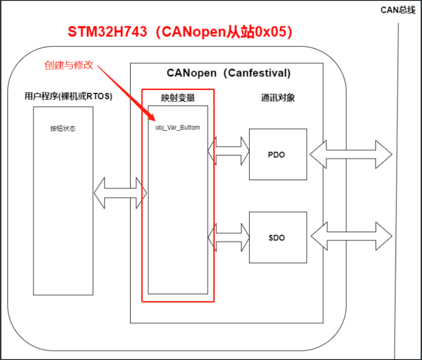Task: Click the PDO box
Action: [278, 154]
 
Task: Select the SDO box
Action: [278, 237]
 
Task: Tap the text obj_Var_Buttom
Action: [178, 127]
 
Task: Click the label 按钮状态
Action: [63, 129]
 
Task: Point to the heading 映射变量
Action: [177, 98]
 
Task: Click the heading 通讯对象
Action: [277, 98]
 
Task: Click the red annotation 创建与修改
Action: [69, 65]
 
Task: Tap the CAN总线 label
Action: [398, 10]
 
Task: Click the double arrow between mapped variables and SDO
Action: [228, 237]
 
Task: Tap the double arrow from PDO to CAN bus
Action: [350, 155]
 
